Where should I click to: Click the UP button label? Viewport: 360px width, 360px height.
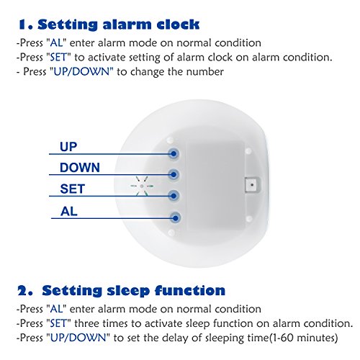point(68,147)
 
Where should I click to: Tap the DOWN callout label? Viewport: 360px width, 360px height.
point(80,168)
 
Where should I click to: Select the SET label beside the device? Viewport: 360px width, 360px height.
point(73,189)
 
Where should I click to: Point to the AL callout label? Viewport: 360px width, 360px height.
point(69,212)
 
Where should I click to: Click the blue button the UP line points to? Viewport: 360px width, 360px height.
point(174,153)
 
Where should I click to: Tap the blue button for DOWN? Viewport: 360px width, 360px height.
point(174,174)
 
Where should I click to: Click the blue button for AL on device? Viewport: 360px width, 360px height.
point(175,218)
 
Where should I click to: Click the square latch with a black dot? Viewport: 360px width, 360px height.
point(252,185)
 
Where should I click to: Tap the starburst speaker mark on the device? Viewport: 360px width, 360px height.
point(142,186)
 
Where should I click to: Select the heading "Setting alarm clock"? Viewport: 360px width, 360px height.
point(119,24)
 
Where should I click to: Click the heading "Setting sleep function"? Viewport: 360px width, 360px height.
point(133,291)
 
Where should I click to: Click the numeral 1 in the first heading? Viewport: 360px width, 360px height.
point(23,24)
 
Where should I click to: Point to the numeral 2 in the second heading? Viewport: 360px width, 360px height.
point(23,291)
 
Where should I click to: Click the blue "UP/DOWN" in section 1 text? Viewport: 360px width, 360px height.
point(81,71)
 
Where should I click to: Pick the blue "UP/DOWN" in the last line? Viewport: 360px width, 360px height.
point(78,338)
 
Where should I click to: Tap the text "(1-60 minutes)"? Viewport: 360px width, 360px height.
point(303,338)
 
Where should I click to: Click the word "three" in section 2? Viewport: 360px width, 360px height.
point(86,323)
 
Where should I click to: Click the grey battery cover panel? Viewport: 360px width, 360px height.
point(215,185)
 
